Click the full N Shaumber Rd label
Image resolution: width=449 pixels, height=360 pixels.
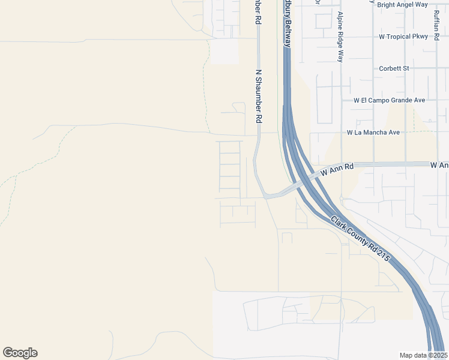pyautogui.click(x=259, y=96)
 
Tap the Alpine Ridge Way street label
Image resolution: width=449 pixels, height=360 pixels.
pyautogui.click(x=340, y=37)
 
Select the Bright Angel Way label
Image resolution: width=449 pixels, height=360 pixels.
pyautogui.click(x=402, y=5)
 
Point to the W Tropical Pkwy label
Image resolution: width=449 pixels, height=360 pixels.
pyautogui.click(x=403, y=37)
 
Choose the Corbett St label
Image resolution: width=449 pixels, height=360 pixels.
pyautogui.click(x=394, y=68)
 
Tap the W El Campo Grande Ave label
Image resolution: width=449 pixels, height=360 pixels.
pyautogui.click(x=389, y=100)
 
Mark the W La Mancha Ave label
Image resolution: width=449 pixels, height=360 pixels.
pyautogui.click(x=373, y=132)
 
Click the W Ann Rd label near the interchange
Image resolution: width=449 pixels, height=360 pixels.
pyautogui.click(x=337, y=169)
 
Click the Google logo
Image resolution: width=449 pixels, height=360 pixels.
pyautogui.click(x=20, y=353)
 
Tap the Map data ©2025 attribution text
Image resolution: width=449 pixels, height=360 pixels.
pyautogui.click(x=423, y=355)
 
